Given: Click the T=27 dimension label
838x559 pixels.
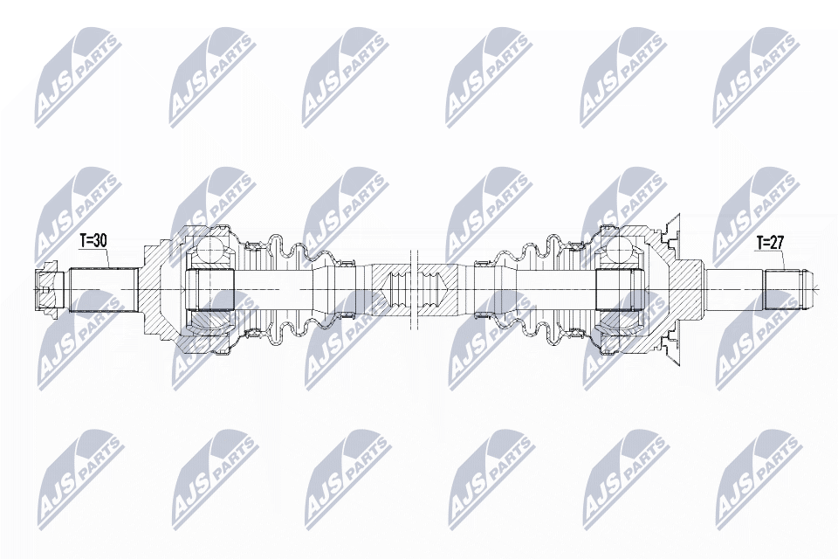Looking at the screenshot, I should pyautogui.click(x=771, y=241).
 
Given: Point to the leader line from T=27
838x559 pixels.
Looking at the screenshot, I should pyautogui.click(x=783, y=259).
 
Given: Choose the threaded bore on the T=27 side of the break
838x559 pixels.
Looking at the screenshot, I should pyautogui.click(x=436, y=288).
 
